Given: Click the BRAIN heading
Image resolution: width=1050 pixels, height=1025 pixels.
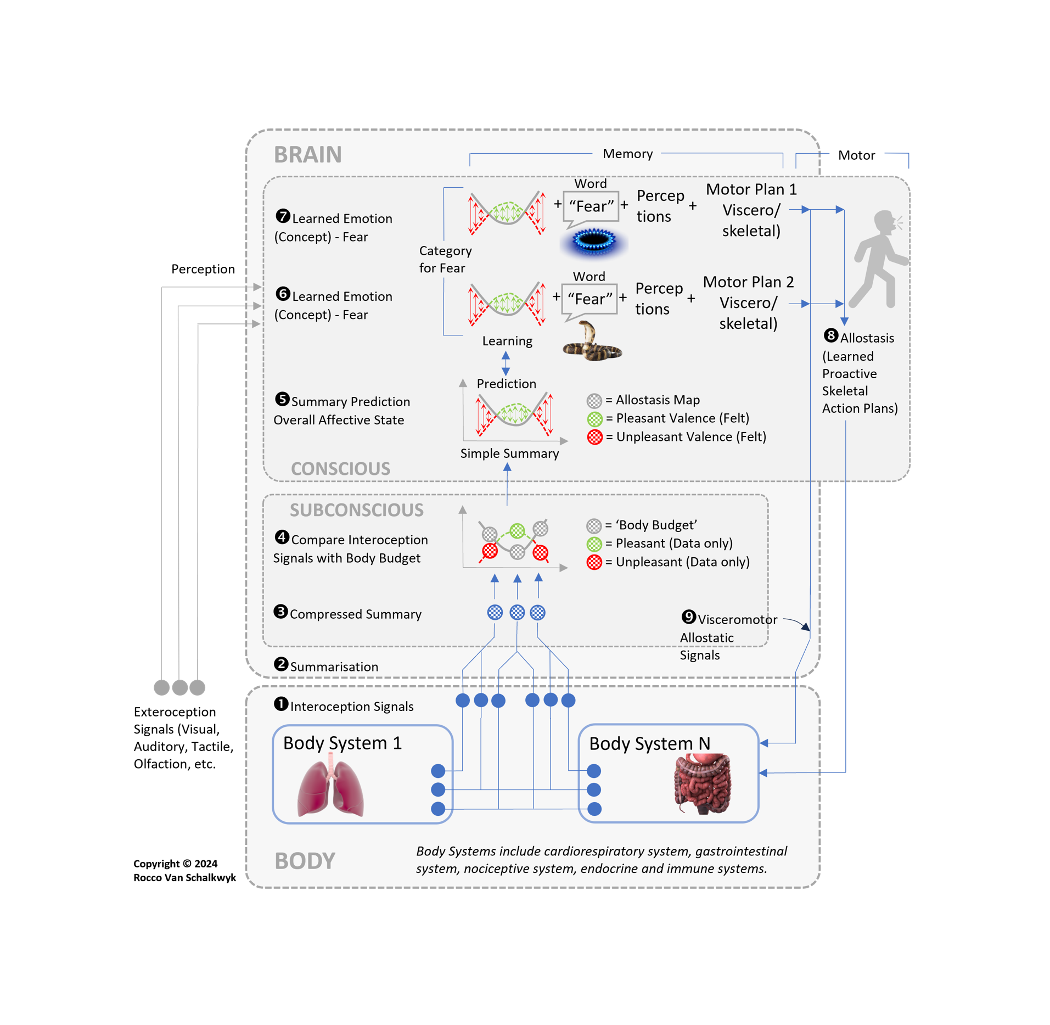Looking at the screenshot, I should (x=307, y=155).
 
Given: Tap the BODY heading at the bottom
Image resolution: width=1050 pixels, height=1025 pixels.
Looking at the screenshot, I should (x=305, y=861).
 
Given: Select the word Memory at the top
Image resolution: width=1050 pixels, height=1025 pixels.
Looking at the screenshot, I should (x=627, y=154).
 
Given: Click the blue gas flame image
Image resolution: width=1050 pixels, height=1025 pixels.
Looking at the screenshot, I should (x=593, y=241).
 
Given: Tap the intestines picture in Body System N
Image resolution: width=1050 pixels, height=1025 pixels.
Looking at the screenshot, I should (x=703, y=783).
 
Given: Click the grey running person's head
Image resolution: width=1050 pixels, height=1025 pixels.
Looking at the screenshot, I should (x=884, y=222).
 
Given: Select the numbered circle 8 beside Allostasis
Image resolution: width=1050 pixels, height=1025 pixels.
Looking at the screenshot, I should (x=830, y=335).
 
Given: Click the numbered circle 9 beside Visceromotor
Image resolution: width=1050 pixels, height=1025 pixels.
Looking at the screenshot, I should (x=688, y=617).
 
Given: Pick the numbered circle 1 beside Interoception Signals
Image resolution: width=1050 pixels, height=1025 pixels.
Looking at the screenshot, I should (x=281, y=704).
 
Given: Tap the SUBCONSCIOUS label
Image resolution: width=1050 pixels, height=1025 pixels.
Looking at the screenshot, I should (x=357, y=510).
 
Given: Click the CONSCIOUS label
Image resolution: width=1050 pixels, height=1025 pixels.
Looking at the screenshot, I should (x=340, y=469).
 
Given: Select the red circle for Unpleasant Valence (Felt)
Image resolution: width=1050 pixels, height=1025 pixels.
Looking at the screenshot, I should (x=594, y=437).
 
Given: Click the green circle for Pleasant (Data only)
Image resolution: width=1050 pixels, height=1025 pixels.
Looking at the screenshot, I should (x=594, y=544).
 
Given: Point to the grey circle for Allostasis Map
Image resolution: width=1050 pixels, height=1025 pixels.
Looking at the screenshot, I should (x=594, y=400).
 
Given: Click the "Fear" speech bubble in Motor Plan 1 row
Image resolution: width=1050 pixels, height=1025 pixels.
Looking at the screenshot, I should (x=591, y=207).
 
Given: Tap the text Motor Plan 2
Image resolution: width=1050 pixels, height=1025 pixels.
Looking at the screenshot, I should (x=748, y=282).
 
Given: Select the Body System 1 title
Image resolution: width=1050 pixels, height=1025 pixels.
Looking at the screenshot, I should (x=342, y=743).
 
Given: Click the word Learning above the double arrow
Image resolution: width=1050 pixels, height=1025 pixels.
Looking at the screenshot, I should (x=507, y=341).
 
